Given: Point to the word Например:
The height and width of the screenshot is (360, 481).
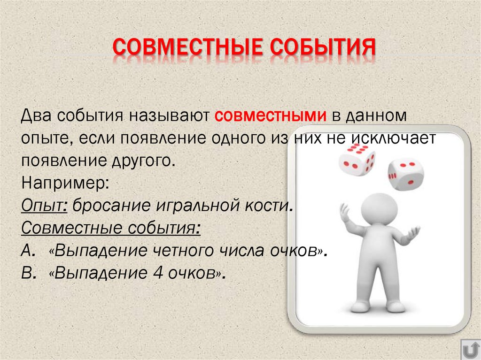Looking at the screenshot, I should [x=65, y=183].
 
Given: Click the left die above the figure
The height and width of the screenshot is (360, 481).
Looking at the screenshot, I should [x=357, y=160].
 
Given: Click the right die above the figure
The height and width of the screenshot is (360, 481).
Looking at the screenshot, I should [x=405, y=175].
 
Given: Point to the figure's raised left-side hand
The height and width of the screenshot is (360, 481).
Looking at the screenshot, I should [x=345, y=213].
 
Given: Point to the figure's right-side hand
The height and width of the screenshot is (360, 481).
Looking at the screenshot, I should [x=413, y=231].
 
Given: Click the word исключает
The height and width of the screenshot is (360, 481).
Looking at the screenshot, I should [x=398, y=138].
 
